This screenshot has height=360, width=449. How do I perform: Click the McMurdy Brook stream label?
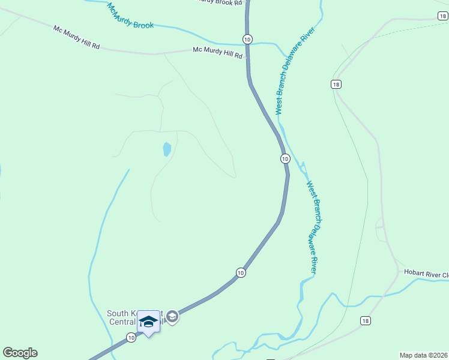tap(130, 16)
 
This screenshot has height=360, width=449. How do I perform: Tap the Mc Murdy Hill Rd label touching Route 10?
tap(217, 53)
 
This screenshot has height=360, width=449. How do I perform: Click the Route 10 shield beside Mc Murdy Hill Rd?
tap(247, 39)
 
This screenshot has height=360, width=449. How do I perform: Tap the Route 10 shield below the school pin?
tap(131, 338)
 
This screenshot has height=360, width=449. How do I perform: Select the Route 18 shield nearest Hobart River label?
tap(366, 321)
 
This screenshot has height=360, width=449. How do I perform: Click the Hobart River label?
tap(426, 274)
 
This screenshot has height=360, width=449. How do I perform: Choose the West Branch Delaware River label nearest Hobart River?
tap(312, 227)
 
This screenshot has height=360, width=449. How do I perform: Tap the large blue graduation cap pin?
tap(148, 322)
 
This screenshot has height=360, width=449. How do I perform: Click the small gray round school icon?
tap(172, 316)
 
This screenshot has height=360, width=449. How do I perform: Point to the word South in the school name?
tap(116, 313)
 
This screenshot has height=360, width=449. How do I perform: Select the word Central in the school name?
tap(122, 322)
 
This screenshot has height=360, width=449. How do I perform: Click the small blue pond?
tap(166, 149)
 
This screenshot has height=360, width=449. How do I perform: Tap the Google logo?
tap(20, 353)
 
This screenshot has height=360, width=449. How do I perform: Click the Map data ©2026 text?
tap(423, 355)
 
